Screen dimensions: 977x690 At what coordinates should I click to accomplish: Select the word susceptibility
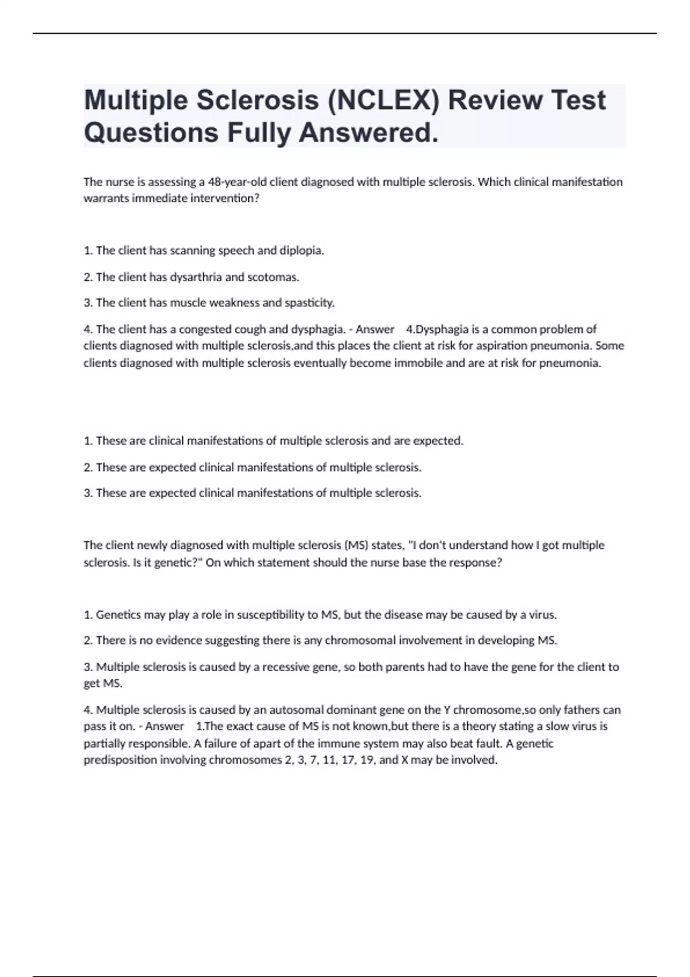tap(270, 614)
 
